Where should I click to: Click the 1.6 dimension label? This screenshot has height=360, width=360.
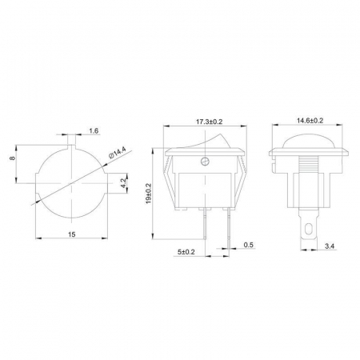94,131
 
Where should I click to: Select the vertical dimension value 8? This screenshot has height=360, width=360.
12,158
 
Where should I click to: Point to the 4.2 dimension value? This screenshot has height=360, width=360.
123,183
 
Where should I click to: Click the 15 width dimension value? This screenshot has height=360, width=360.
72,234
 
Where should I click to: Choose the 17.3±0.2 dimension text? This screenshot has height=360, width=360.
210,122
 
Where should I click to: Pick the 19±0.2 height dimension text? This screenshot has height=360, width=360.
149,194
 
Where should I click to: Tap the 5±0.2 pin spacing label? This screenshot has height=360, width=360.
186,252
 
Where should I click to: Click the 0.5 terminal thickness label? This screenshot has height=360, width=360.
248,245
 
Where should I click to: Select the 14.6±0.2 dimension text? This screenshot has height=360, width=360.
310,121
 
